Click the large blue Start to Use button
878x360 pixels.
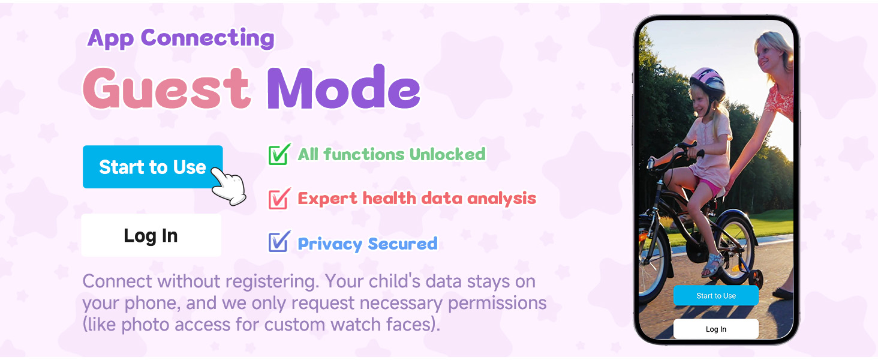[152, 167]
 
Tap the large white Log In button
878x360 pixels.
[151, 235]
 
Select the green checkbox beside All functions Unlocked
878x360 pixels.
[278, 154]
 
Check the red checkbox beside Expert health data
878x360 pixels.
[278, 199]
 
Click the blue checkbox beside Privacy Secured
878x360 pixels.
[278, 242]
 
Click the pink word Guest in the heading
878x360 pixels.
[166, 89]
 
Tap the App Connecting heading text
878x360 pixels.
[181, 38]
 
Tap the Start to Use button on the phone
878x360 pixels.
[716, 296]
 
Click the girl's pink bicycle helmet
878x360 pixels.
[707, 82]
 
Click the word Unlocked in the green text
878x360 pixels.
[447, 154]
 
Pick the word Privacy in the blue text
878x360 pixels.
[330, 244]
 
